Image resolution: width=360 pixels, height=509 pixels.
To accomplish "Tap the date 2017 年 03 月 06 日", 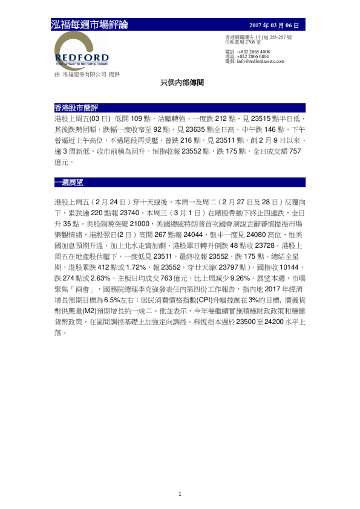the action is (274, 25).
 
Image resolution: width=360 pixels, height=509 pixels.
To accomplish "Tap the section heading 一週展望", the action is (68, 182).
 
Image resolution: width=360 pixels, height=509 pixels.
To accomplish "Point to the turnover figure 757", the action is (293, 152).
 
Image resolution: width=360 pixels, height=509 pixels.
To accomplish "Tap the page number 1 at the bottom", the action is (180, 494).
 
